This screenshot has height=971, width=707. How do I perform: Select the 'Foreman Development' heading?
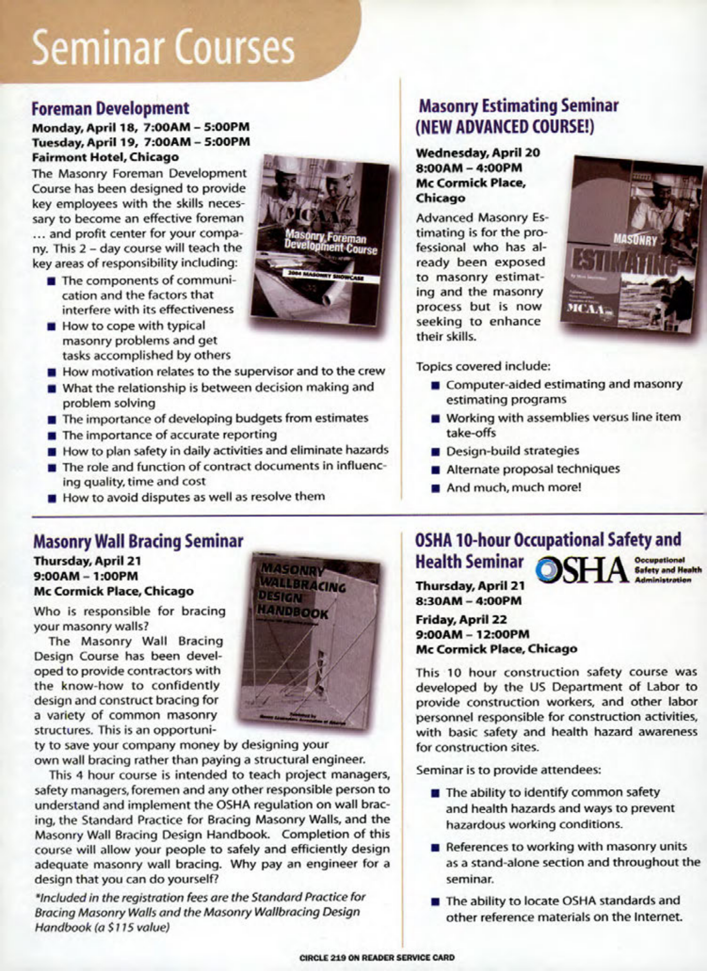[111, 108]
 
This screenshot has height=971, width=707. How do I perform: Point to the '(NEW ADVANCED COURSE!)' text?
[504, 127]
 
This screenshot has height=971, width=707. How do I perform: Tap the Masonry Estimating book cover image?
[632, 245]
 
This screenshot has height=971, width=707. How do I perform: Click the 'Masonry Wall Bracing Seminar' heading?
[138, 542]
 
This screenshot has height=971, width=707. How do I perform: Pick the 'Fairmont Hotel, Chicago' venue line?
[106, 157]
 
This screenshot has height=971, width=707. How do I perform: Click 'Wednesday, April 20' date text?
[478, 153]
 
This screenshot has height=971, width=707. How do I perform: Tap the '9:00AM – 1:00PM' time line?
[85, 576]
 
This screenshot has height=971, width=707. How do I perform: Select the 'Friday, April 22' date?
[461, 619]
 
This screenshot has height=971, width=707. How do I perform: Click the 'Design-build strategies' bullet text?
[512, 451]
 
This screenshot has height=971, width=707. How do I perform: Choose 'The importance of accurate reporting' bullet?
[169, 434]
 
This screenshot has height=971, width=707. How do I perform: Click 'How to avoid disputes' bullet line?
[194, 497]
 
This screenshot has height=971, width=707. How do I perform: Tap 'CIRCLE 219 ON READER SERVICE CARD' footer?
[377, 957]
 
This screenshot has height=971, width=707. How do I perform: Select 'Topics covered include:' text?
[483, 366]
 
